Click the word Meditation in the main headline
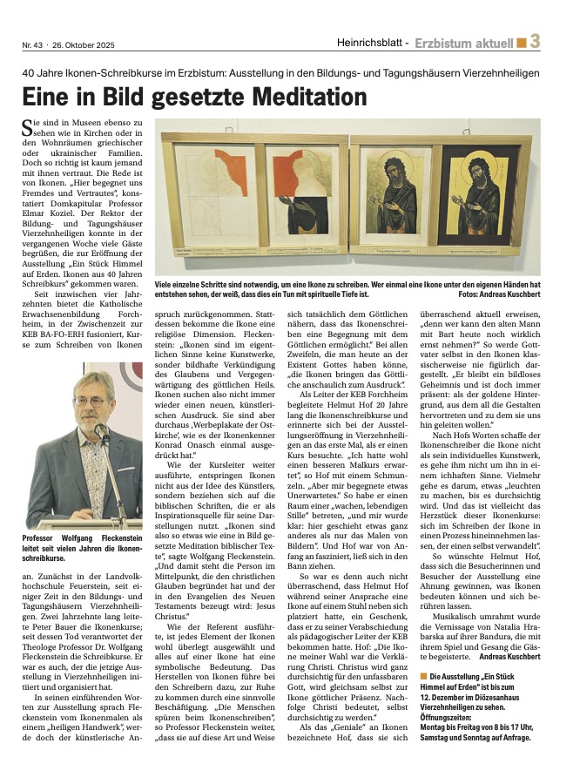[296, 95]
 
